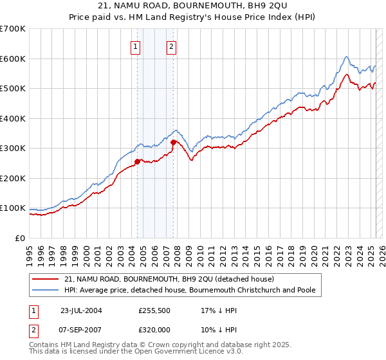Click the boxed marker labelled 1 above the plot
coord(136,46)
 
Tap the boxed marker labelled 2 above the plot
coord(172,46)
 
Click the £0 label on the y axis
coord(21,238)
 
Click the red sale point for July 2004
coord(137,161)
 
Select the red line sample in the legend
coord(45,279)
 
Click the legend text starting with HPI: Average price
coord(190,291)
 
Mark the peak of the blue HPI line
coord(346,57)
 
